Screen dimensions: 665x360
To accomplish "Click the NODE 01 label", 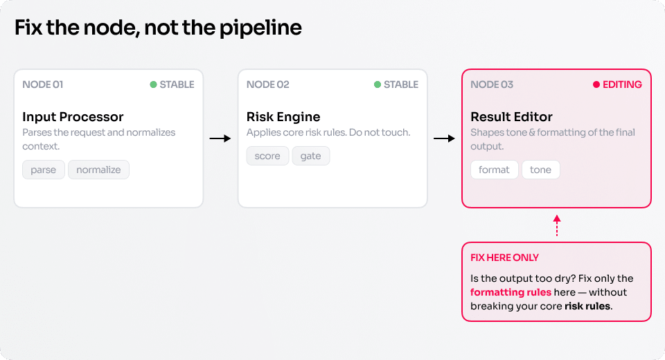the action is click(x=43, y=84).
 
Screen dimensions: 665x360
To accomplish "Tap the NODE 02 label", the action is click(x=267, y=84).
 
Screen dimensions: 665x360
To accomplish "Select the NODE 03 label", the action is click(x=492, y=84).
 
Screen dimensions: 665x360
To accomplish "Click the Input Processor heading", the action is click(x=73, y=116).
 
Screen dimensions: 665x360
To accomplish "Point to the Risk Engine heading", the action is click(x=283, y=116).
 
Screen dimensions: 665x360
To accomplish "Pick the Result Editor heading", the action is click(x=511, y=116).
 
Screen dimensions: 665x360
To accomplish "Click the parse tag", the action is click(x=43, y=170).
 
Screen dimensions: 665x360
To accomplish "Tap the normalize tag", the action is click(x=98, y=170).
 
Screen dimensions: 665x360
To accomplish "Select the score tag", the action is click(x=267, y=156).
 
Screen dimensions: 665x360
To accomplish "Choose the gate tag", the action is click(x=310, y=156).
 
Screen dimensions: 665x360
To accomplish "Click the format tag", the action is click(x=494, y=170).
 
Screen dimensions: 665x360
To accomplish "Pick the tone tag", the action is click(x=540, y=170).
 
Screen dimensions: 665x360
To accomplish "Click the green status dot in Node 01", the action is click(x=154, y=84).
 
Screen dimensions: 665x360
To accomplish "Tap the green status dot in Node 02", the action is click(x=378, y=84).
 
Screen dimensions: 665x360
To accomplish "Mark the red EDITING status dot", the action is click(x=596, y=84).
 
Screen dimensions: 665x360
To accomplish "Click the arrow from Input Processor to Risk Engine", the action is click(x=220, y=138).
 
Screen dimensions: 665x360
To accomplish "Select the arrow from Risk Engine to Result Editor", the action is click(x=444, y=138).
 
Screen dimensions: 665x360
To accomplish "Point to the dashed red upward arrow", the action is click(x=557, y=225).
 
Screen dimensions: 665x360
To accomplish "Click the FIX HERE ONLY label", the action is click(x=504, y=258).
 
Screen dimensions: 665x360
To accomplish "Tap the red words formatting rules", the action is click(x=511, y=292).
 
